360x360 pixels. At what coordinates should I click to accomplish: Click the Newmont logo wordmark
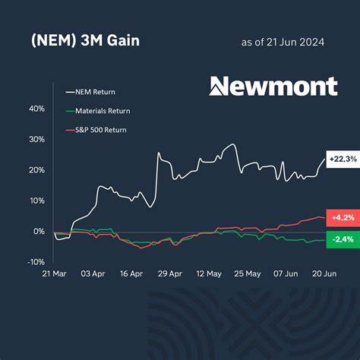[273, 86]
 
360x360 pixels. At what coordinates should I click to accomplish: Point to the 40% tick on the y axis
[36, 109]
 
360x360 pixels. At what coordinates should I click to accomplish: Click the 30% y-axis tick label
[36, 140]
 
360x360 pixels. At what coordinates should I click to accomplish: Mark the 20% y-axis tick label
[36, 170]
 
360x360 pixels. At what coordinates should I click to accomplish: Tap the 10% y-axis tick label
[36, 201]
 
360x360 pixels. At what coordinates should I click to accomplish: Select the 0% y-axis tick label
[38, 231]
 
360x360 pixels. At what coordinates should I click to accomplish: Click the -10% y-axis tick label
[35, 261]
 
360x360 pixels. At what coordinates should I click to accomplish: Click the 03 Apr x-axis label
[92, 272]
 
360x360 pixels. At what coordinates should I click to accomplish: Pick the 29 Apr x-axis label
[169, 272]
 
